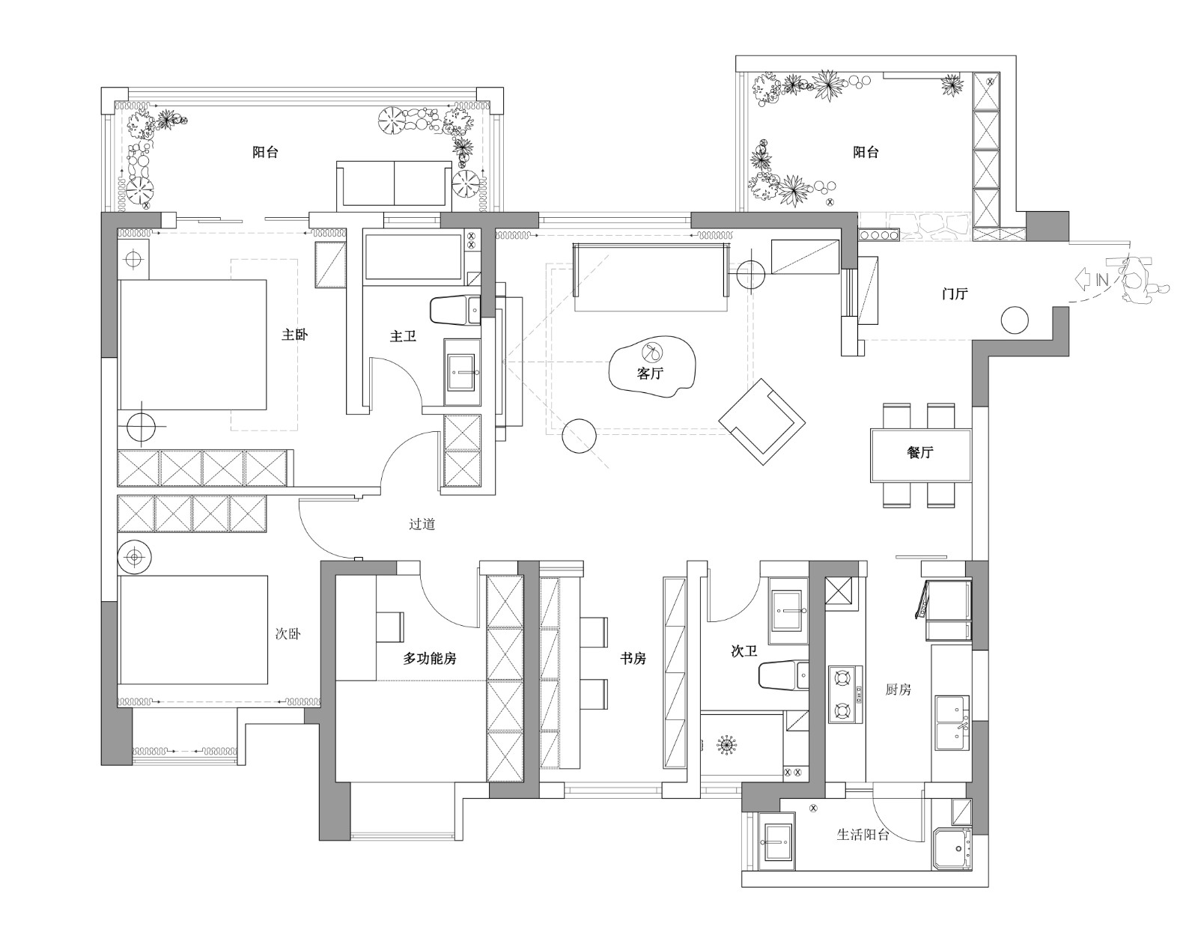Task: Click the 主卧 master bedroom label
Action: (x=294, y=335)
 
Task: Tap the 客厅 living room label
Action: (x=650, y=373)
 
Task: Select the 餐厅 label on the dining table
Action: (x=919, y=452)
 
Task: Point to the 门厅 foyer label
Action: (x=955, y=293)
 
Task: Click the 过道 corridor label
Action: (x=422, y=524)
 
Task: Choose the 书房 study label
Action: (x=633, y=659)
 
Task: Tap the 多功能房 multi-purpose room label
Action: (x=430, y=659)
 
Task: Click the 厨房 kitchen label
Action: (x=898, y=689)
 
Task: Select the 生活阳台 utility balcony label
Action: (x=863, y=835)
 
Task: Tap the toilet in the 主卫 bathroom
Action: (x=455, y=310)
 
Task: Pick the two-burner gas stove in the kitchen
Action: (x=845, y=694)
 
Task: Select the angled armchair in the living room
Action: (x=762, y=421)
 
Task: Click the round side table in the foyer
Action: (x=1015, y=320)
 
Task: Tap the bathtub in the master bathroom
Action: (x=414, y=258)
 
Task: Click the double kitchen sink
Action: (x=952, y=722)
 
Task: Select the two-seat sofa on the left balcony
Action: (x=394, y=186)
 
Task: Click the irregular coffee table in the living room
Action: (x=652, y=366)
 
